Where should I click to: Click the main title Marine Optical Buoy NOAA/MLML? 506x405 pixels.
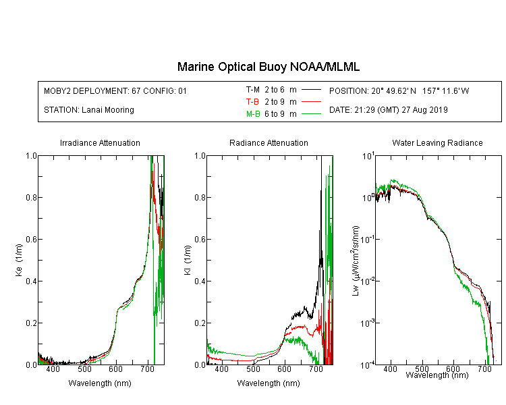(268, 67)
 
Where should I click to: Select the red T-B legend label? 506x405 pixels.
(252, 102)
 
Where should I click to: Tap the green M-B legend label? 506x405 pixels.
(253, 114)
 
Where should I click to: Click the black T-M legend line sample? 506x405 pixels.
(311, 90)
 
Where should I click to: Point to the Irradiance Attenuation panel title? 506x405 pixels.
(100, 142)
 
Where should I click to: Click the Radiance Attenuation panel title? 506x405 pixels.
(269, 142)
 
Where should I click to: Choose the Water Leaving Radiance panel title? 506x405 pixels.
(437, 142)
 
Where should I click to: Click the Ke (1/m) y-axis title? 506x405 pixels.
(19, 261)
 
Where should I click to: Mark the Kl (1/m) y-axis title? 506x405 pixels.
(188, 261)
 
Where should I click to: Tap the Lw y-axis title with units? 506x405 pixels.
(356, 261)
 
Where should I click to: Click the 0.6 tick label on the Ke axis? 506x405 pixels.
(31, 240)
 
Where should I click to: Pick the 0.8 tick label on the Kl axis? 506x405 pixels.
(200, 197)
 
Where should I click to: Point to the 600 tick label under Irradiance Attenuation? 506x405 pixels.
(116, 369)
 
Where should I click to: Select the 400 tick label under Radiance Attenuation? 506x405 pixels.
(221, 369)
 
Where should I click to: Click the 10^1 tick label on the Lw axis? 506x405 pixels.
(368, 156)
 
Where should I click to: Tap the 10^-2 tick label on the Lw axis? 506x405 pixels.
(368, 281)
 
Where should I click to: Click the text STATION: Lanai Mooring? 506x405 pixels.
(89, 110)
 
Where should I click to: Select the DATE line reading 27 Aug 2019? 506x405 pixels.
(389, 110)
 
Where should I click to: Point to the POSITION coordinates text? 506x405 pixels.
(399, 90)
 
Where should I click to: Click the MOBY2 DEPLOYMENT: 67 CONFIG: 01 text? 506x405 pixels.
(115, 90)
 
